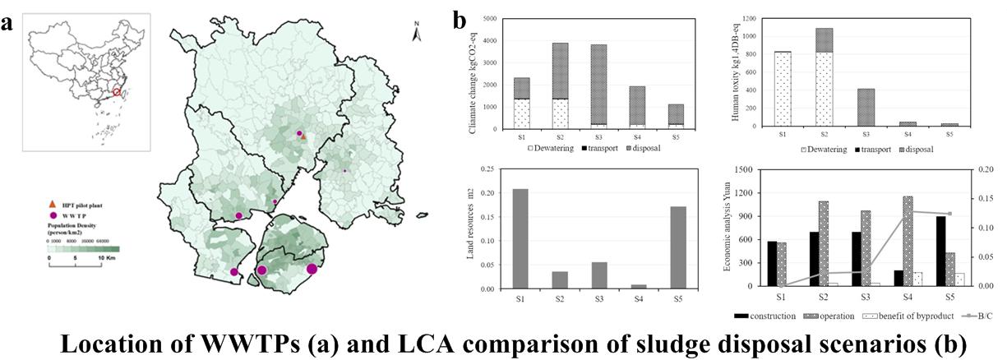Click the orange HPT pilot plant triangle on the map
[x=303, y=137]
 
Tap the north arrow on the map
[x=417, y=35]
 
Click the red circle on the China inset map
[x=117, y=93]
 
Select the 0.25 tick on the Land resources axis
[x=487, y=169]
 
